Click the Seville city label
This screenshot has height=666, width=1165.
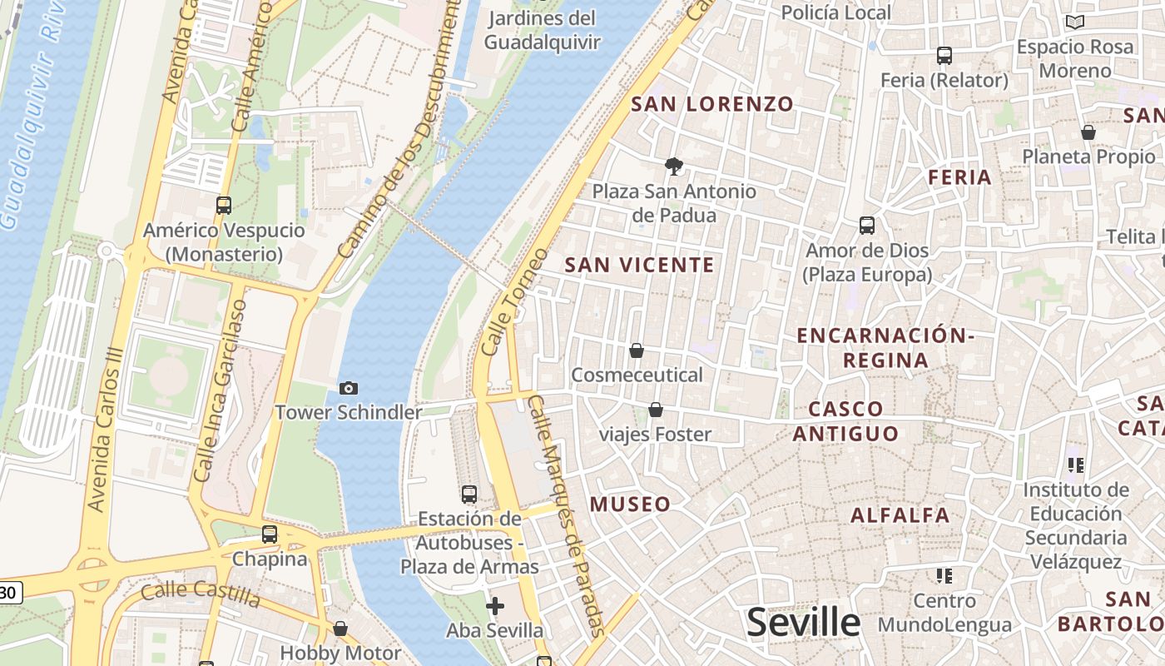point(803,622)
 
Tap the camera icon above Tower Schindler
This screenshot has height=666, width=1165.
point(349,388)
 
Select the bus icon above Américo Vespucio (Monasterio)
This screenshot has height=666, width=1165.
point(223,205)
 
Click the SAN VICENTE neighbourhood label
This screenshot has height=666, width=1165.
point(639,266)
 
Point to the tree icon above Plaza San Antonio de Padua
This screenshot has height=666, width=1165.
point(674,166)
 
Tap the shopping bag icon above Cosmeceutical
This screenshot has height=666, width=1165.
point(637,350)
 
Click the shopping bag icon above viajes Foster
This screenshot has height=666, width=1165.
point(656,410)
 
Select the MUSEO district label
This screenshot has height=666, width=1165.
point(630,504)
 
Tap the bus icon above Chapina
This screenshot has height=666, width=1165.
point(269,534)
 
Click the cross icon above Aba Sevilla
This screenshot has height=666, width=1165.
point(495,605)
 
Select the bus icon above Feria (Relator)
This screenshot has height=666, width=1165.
point(944,56)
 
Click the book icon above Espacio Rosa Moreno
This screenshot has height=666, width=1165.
point(1075,22)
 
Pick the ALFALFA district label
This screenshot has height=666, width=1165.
point(900,515)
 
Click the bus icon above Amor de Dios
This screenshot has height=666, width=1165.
point(866,225)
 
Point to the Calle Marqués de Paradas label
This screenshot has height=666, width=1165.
point(565,516)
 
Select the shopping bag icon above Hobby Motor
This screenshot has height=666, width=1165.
point(340,629)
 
